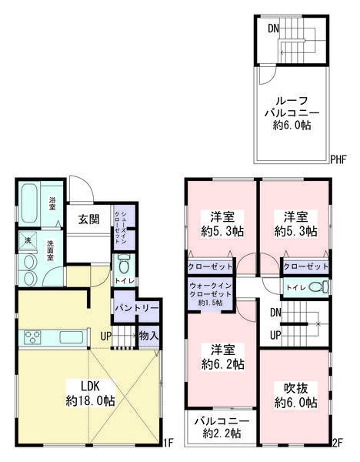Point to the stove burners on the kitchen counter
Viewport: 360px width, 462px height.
(x=35, y=336)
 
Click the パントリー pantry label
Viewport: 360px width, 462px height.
(x=135, y=308)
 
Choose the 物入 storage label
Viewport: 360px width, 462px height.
(x=148, y=335)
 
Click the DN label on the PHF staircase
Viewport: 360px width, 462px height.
(x=273, y=28)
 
